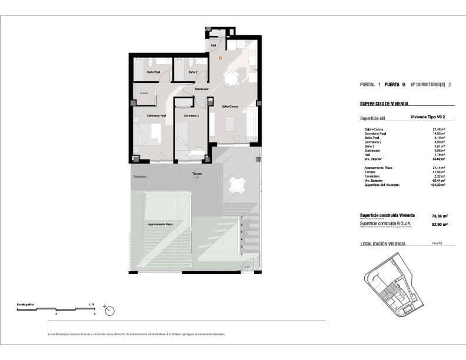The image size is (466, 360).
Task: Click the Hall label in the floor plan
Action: point(214,45)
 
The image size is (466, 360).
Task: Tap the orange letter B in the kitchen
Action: point(220,58)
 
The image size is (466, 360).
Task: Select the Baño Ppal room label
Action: point(153,72)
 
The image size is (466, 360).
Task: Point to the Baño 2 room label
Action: point(192,72)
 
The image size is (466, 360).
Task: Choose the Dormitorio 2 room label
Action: point(191,116)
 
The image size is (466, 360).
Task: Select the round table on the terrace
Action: point(237,185)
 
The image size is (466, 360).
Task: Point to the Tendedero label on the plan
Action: point(139,176)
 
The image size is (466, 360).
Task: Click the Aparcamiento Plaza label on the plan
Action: point(160,225)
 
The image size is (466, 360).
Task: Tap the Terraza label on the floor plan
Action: point(197,174)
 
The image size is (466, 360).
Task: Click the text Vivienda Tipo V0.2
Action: point(431,117)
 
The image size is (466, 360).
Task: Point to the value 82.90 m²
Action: point(440,224)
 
